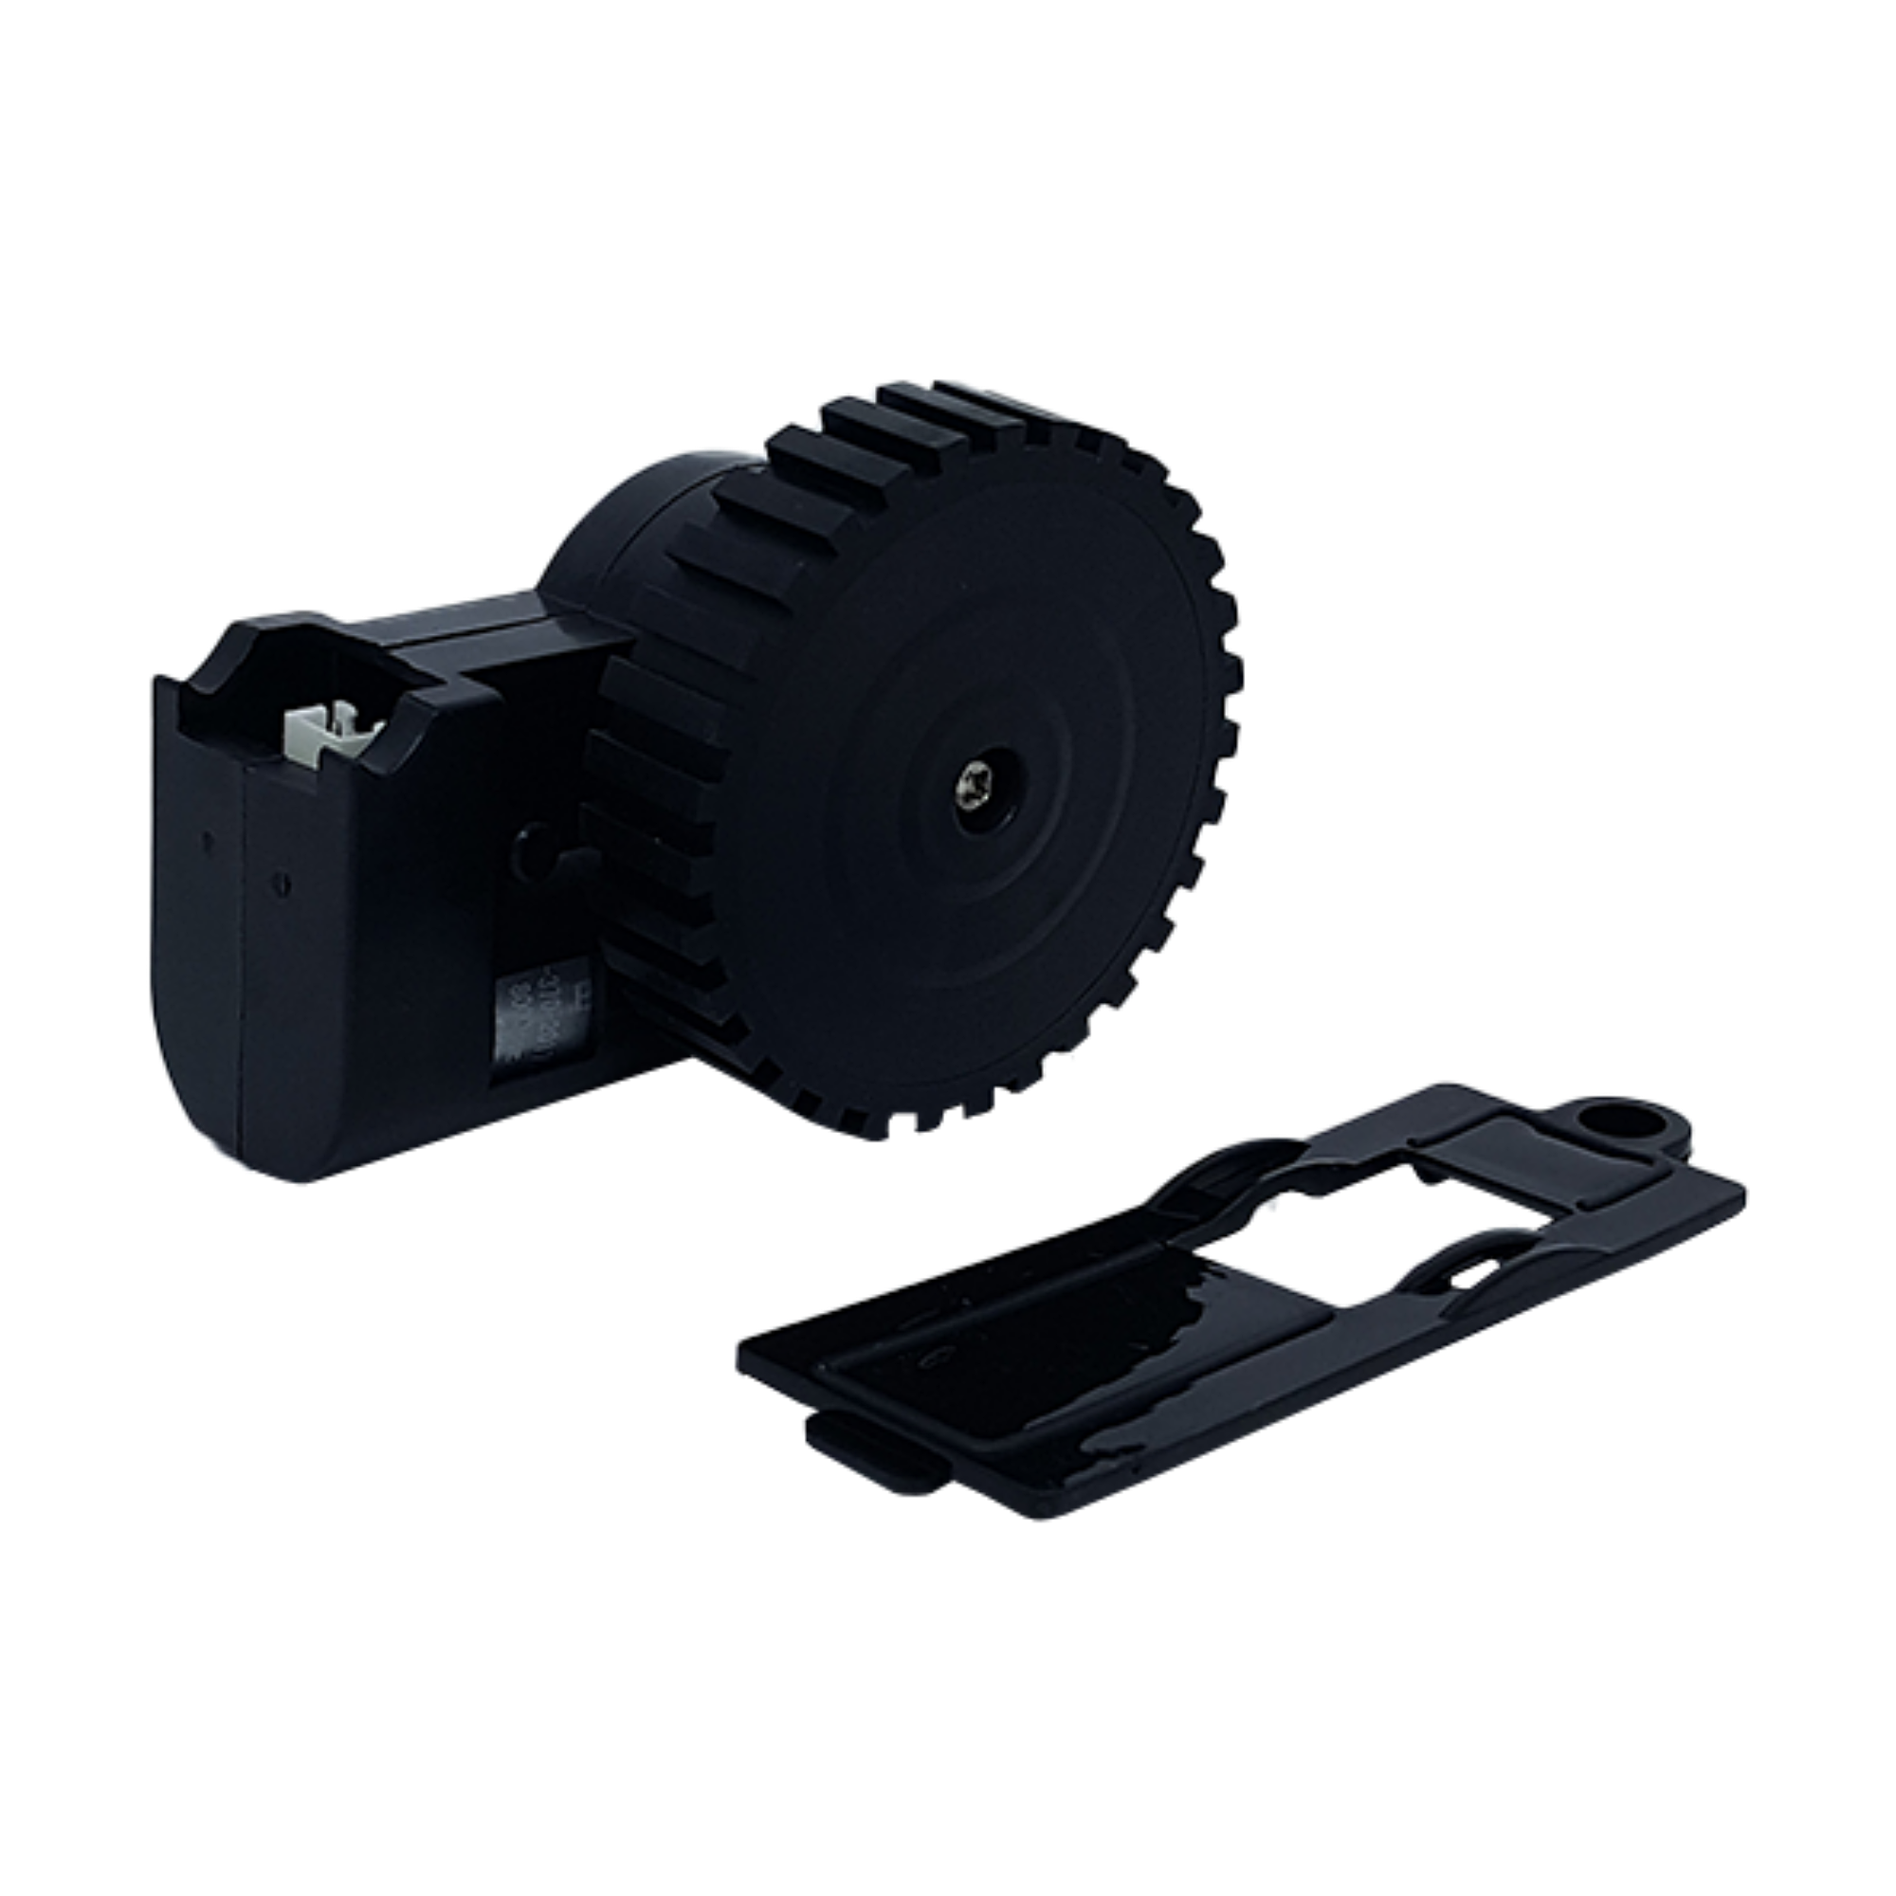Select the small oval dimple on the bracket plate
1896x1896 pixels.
[932, 1358]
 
